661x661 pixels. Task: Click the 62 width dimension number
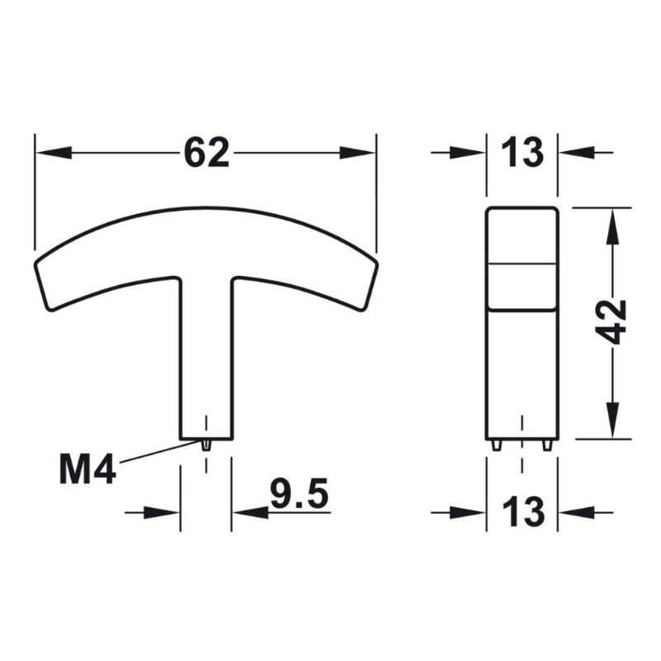207,153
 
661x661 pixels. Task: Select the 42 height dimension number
612,322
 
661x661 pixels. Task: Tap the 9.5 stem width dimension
299,493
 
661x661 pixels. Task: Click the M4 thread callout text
88,469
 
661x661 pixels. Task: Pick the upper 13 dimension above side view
522,153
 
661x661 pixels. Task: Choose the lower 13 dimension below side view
523,512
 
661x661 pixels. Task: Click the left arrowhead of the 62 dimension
54,153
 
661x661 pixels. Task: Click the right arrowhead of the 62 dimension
357,153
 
